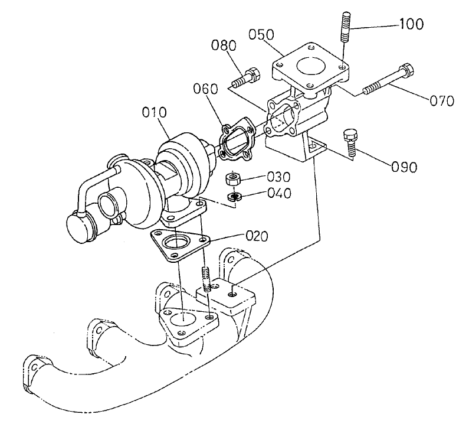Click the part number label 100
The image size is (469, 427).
point(412,24)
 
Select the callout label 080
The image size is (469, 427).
point(224,46)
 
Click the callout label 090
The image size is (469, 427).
point(404,166)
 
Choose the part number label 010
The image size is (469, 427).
point(155,112)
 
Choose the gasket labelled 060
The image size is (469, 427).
point(236,141)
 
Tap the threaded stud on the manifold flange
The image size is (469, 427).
point(206,279)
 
